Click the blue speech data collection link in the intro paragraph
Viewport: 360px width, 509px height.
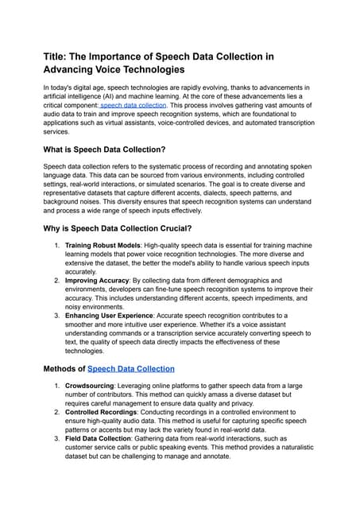[134, 105]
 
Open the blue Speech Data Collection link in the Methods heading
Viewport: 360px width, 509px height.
[130, 369]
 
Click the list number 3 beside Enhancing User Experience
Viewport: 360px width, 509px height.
[56, 316]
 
